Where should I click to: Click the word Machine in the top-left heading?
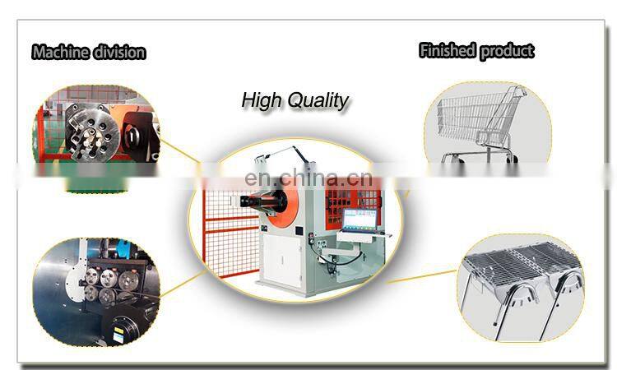tap(60, 53)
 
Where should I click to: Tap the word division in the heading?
tap(117, 53)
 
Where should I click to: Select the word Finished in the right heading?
tap(448, 51)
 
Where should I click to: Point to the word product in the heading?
tap(507, 51)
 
